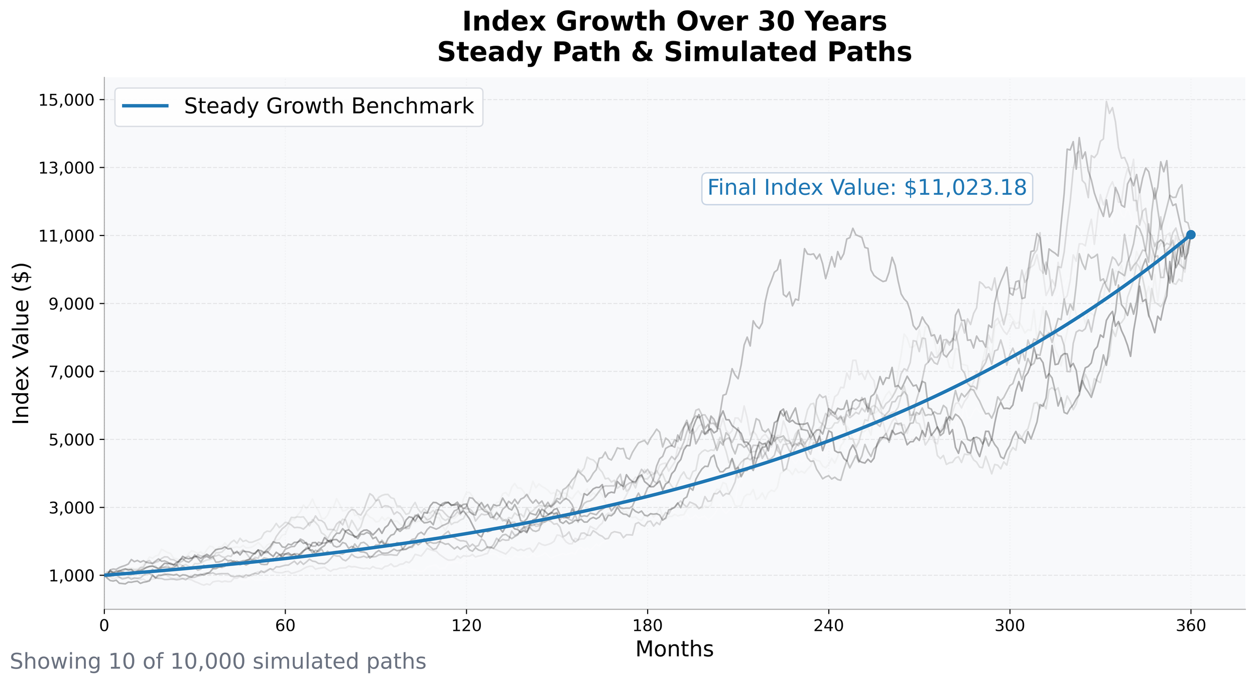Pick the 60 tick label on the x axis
285,626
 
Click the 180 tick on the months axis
647,626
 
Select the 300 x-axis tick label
1010,626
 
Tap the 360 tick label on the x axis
1190,626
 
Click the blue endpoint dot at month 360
1191,235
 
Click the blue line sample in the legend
145,106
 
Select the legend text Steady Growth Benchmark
329,106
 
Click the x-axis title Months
674,649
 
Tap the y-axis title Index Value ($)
21,344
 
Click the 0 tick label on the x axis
104,626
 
